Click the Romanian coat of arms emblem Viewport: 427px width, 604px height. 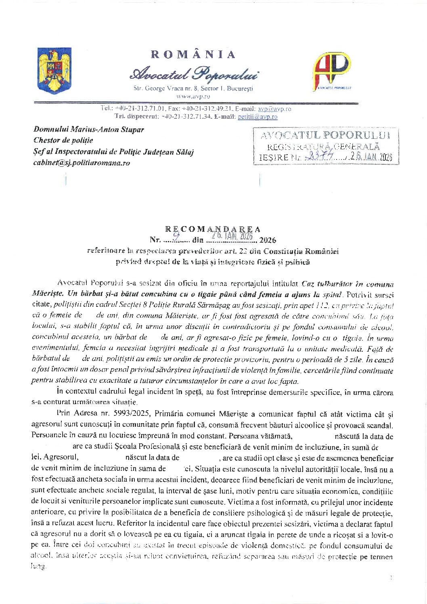(x=54, y=70)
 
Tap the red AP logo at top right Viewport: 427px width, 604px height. (x=332, y=70)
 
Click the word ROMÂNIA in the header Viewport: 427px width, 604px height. (x=193, y=55)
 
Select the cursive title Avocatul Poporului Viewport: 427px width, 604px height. (x=194, y=74)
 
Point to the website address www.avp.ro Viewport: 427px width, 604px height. (x=193, y=96)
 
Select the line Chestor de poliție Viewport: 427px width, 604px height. (x=63, y=141)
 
